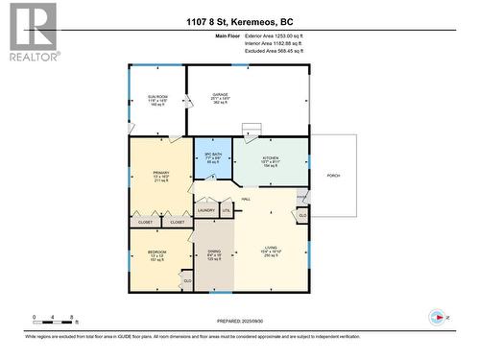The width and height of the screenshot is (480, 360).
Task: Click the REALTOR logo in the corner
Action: click(33, 32)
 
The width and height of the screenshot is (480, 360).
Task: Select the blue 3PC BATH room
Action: click(212, 159)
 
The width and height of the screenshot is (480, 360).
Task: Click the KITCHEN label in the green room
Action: click(270, 156)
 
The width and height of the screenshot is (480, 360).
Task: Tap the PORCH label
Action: click(333, 175)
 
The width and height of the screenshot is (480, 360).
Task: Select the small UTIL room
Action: click(227, 210)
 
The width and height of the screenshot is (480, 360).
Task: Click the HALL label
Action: click(247, 199)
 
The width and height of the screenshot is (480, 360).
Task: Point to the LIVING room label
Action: click(272, 252)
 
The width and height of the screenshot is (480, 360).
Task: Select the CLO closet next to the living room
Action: click(301, 216)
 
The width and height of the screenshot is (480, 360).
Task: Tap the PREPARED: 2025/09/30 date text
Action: click(239, 322)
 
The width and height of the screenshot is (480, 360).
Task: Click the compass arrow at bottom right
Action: click(440, 318)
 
